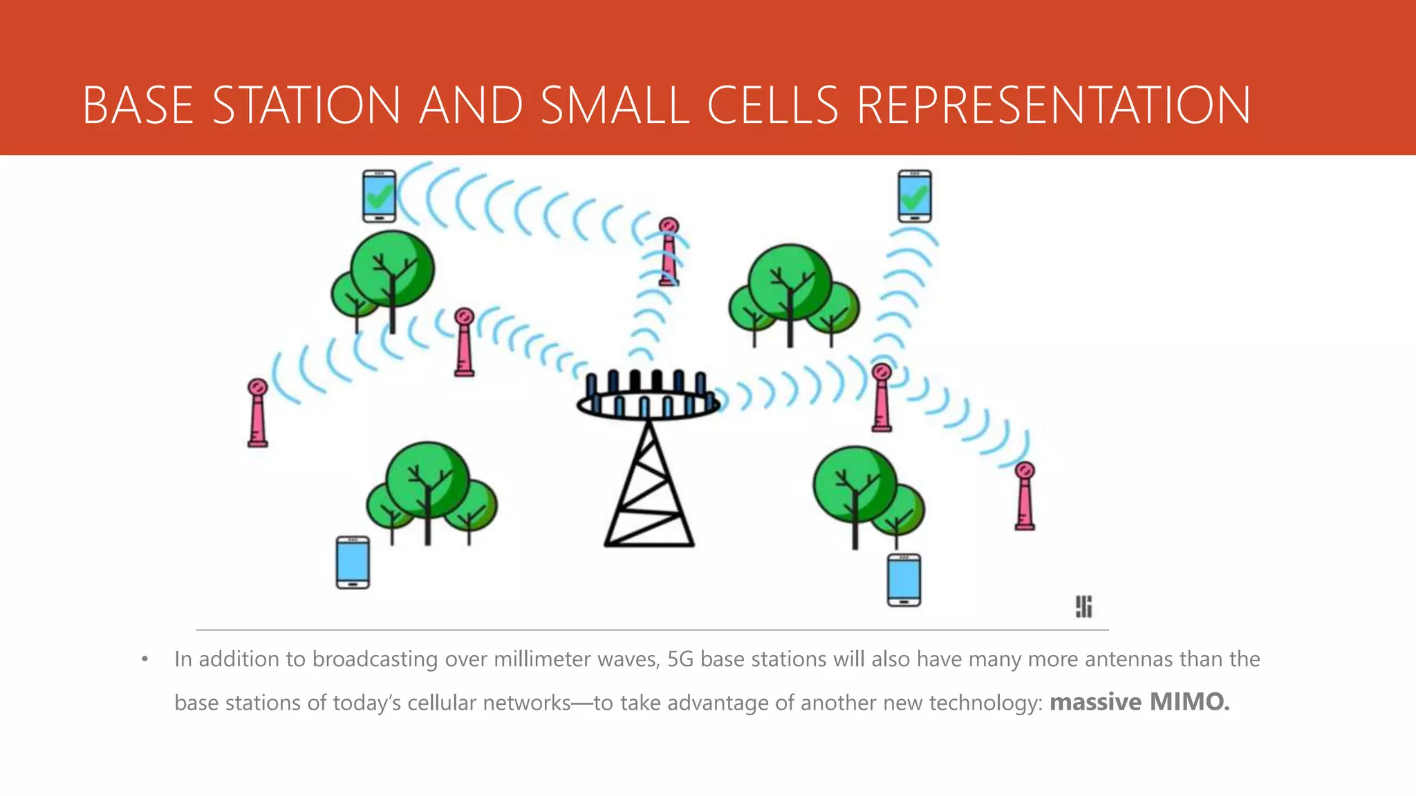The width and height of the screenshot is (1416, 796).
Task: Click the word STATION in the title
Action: (306, 106)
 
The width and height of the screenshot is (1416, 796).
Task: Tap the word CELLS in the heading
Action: (772, 106)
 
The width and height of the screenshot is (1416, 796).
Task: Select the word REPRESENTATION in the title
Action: (1054, 106)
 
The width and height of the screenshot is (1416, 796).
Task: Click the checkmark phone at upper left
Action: (380, 196)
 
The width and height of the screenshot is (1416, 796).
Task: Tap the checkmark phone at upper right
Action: (914, 196)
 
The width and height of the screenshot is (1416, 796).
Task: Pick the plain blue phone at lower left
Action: (353, 562)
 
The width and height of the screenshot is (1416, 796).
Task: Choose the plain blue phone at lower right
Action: (904, 580)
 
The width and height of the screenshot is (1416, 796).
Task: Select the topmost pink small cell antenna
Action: (669, 252)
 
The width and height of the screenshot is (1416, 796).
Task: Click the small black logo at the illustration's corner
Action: (1083, 607)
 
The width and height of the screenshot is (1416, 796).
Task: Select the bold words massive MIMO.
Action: (1139, 702)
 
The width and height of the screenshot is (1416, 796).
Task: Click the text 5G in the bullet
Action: (680, 659)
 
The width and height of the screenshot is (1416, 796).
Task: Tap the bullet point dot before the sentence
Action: (145, 660)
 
